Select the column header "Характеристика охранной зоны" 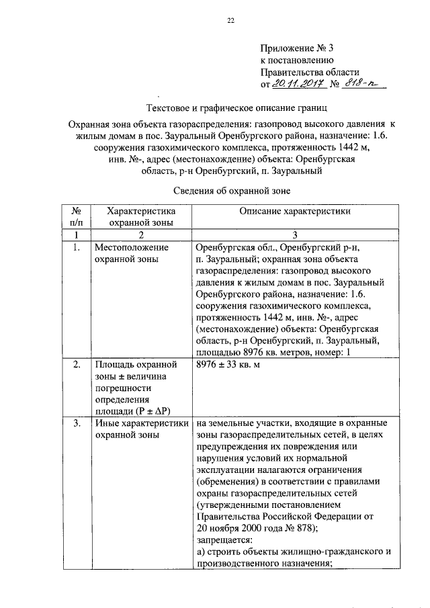click(x=141, y=217)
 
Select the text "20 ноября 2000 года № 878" click(x=260, y=527)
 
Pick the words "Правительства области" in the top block click(x=310, y=73)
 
